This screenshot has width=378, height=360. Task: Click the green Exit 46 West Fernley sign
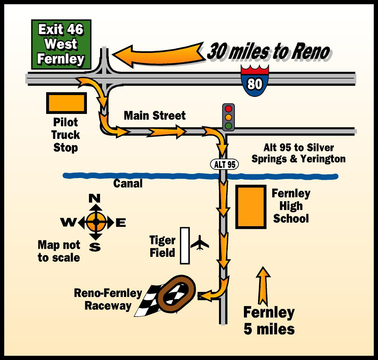(x=61, y=44)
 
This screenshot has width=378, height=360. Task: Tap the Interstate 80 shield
(x=255, y=81)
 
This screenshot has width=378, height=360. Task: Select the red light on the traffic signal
(x=229, y=109)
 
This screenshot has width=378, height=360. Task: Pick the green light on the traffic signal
(x=229, y=126)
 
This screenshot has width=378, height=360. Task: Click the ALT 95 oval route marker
(x=224, y=164)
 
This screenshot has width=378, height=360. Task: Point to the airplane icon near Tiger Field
(x=200, y=243)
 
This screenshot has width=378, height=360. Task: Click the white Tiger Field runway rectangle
(x=185, y=245)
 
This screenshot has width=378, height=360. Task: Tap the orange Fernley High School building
(x=251, y=207)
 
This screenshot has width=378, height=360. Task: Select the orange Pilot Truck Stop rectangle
(x=66, y=103)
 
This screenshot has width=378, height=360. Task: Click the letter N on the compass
(x=95, y=198)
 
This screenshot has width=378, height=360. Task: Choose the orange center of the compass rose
(x=96, y=222)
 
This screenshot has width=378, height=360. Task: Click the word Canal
(x=128, y=184)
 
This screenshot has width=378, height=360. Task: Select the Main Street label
(x=155, y=116)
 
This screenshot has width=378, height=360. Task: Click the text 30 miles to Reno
(x=268, y=52)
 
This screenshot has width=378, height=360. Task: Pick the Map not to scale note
(x=59, y=251)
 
